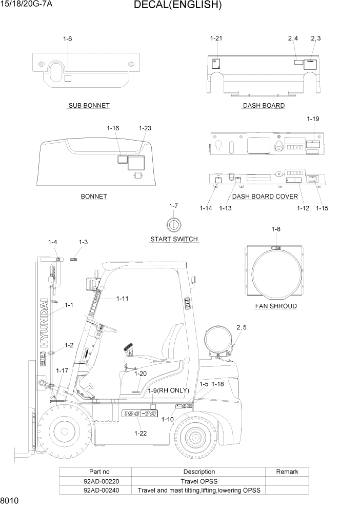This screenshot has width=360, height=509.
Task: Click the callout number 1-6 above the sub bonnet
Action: (x=67, y=39)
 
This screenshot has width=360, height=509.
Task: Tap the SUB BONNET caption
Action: (x=89, y=106)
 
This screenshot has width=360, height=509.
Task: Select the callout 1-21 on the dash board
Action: (x=216, y=38)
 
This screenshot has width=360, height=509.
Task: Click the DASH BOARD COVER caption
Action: (x=265, y=197)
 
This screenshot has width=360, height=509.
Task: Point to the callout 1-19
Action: (x=313, y=119)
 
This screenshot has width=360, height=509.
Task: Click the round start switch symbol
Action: (x=173, y=224)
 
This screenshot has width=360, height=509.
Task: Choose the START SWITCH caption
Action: (x=174, y=239)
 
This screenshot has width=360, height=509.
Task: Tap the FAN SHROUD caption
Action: (x=276, y=306)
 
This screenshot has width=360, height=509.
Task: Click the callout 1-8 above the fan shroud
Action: (x=276, y=229)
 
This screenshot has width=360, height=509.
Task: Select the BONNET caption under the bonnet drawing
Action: (x=94, y=197)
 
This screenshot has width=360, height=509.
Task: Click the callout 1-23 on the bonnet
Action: (x=145, y=128)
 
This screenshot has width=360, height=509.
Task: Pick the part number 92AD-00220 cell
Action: (x=95, y=481)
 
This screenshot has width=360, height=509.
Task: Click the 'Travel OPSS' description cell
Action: (x=199, y=481)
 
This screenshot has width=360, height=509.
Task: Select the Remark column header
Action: (x=287, y=472)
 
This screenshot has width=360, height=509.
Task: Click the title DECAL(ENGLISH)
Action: (x=177, y=6)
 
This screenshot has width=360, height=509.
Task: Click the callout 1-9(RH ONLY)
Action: (x=168, y=390)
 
